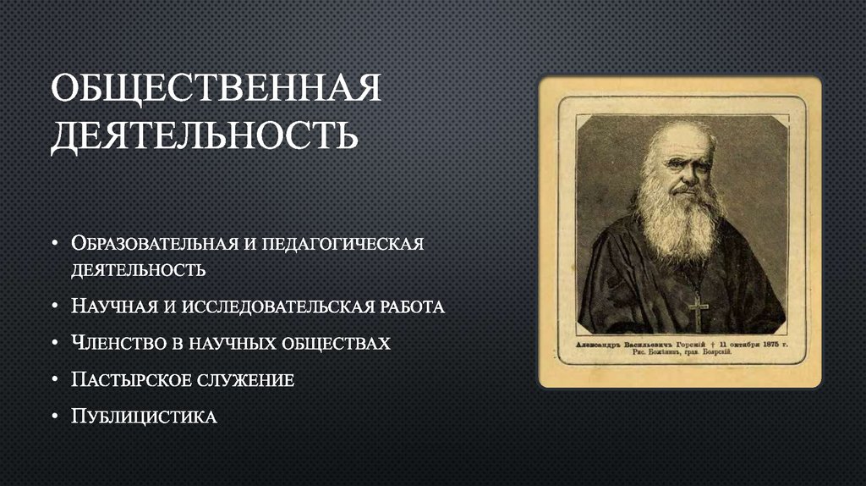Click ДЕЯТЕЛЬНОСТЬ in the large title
click(203, 136)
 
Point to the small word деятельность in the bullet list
click(137, 271)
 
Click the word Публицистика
click(145, 417)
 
